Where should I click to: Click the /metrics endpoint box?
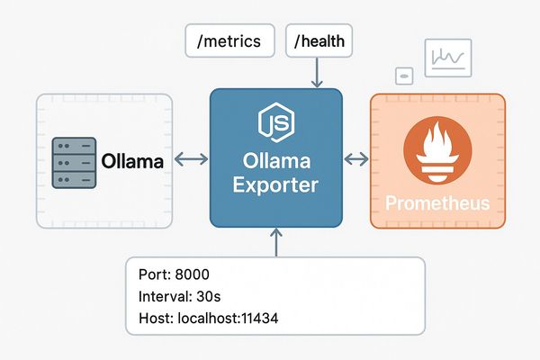(229, 41)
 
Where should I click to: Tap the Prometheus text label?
(436, 203)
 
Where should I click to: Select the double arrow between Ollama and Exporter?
(190, 160)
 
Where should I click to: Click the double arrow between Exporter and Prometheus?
(356, 160)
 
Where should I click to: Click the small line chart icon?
(447, 59)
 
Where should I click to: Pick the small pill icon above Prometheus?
(404, 76)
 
